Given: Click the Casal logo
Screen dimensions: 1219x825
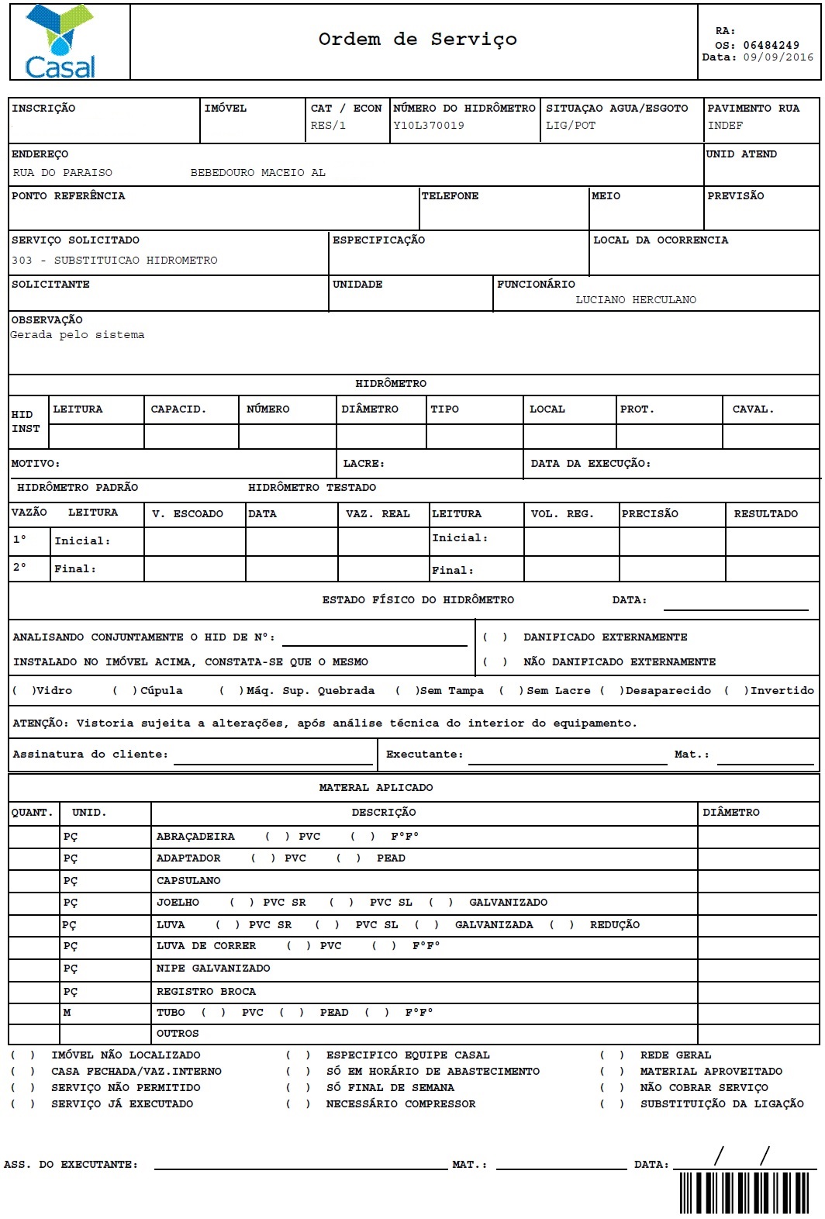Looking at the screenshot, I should point(60,43).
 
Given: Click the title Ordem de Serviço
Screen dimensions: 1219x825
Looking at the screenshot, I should point(417,40).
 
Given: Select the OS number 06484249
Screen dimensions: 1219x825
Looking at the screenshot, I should point(771,45).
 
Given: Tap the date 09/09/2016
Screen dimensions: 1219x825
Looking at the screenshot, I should point(778,57).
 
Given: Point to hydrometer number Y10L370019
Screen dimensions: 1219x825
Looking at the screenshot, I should point(429,126).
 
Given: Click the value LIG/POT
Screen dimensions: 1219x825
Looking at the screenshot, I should point(571,126).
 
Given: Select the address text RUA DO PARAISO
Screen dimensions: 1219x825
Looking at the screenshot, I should point(63,173).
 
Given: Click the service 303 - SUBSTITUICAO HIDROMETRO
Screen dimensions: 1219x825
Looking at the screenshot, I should point(115,261).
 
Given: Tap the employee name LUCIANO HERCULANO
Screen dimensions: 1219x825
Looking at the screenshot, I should point(636,300).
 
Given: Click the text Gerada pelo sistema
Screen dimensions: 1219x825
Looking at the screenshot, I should point(78,335).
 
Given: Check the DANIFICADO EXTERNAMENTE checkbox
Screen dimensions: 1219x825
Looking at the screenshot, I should point(495,637).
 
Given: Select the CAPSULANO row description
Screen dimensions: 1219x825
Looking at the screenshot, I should point(188,881).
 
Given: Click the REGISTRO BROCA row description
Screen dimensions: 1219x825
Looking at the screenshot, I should point(206,992).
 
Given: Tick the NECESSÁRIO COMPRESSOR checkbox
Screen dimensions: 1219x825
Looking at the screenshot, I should point(298,1104).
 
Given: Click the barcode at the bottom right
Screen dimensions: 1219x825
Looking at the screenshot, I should point(748,1193).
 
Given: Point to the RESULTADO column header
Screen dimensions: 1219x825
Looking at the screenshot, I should point(765,514).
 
